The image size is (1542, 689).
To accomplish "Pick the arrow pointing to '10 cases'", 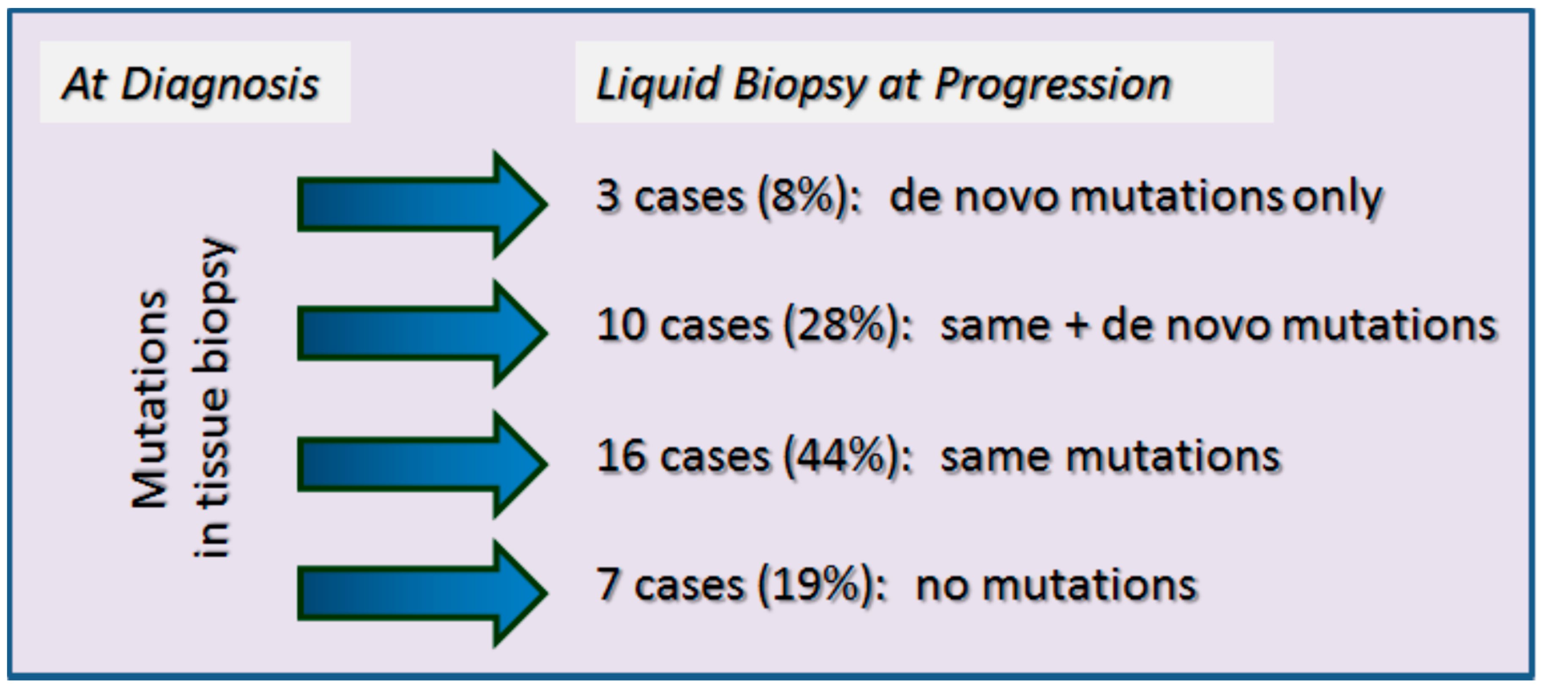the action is coord(422,333).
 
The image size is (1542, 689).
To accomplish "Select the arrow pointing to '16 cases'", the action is coord(422,464).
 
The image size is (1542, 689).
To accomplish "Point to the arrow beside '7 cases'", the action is coord(422,593).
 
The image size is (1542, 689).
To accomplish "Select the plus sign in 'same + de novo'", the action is coord(1076,327).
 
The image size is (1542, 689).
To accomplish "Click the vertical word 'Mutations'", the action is coord(150,400).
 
